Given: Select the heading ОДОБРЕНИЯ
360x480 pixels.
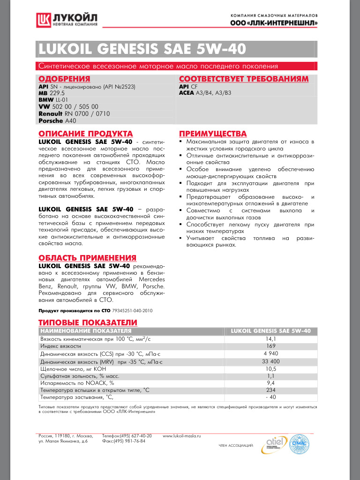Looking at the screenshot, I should [x=64, y=79].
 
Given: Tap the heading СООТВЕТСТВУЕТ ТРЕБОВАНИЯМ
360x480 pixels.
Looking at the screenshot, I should [x=244, y=79].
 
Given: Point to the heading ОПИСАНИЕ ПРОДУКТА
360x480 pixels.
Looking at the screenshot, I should [x=85, y=134].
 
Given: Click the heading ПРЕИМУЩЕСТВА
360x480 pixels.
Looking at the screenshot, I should [x=213, y=134].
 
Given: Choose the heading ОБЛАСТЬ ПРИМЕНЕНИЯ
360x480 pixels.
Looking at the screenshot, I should [x=87, y=258].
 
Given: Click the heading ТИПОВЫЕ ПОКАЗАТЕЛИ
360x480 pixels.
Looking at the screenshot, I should [x=88, y=322].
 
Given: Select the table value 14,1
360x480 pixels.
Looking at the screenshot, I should [x=271, y=338].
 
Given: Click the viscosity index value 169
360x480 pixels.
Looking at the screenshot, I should [x=271, y=346].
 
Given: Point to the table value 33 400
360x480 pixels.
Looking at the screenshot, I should [x=271, y=361].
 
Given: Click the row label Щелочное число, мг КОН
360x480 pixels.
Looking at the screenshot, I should [x=74, y=368].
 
